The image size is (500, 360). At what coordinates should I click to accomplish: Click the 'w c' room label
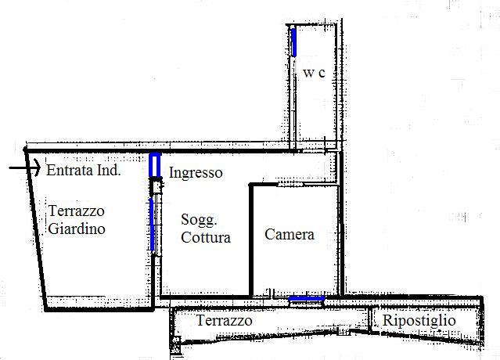[314, 73]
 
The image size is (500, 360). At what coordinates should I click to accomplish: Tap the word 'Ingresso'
[196, 172]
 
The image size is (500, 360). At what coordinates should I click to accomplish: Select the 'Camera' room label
[290, 234]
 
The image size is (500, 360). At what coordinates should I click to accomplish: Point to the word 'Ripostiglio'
[430, 320]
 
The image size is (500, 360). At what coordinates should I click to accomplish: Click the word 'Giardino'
[77, 230]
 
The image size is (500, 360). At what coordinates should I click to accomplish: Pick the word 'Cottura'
[206, 238]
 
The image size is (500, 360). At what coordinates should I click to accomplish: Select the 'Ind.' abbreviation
[107, 170]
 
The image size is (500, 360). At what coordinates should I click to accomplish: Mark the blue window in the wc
[295, 40]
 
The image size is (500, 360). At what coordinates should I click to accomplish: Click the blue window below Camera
[306, 298]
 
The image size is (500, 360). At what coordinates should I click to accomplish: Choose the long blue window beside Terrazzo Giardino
[152, 224]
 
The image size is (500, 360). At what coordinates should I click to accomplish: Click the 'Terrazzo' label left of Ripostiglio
[224, 321]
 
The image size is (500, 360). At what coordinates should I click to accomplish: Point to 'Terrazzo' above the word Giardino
[76, 211]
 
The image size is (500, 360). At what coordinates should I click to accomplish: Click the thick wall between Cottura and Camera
[250, 239]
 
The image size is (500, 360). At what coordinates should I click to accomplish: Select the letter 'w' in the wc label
[308, 74]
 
